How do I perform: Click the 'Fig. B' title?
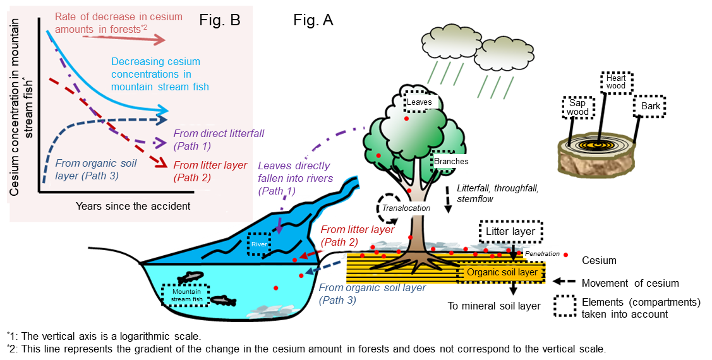(x=220, y=20)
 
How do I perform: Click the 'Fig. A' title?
(x=313, y=20)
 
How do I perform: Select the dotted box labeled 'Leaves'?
(x=419, y=101)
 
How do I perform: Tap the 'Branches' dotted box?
(x=451, y=161)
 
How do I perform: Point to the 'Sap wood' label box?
(x=577, y=107)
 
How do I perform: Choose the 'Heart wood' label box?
(x=616, y=81)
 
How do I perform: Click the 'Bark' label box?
(x=650, y=106)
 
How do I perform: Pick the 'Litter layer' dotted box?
(x=510, y=232)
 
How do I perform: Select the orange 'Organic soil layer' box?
(x=502, y=272)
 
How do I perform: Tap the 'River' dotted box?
(x=258, y=244)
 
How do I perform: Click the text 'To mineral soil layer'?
(x=494, y=306)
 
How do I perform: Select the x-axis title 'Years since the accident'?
(x=133, y=206)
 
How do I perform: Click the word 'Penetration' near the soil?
(x=543, y=254)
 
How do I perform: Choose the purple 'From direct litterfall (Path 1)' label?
(x=218, y=140)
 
